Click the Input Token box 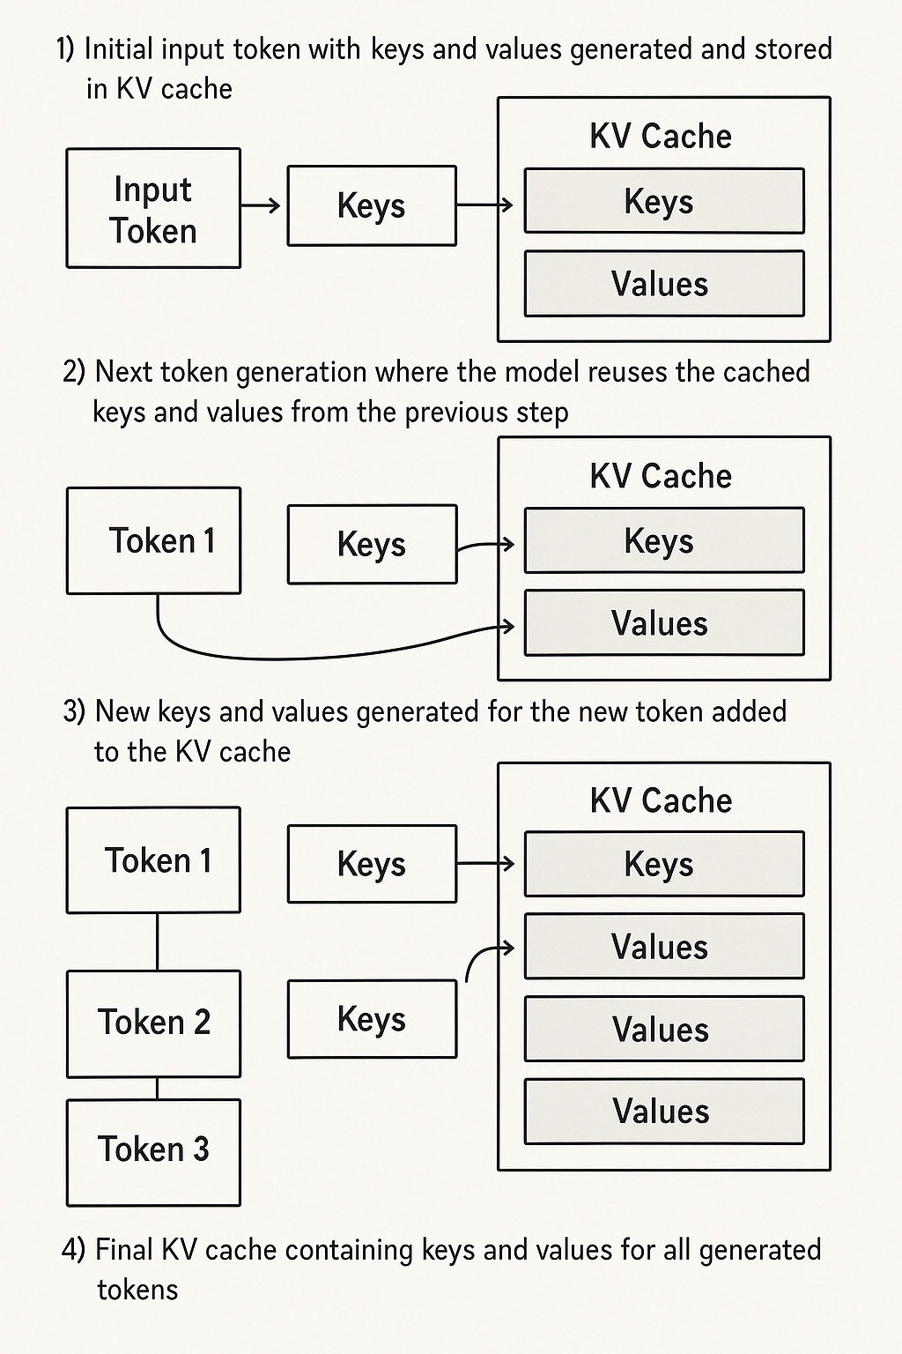153,208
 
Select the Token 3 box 153,1153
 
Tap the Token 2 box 153,1024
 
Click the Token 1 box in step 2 153,540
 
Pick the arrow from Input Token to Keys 261,205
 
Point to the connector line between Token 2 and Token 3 157,1088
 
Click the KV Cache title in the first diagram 661,136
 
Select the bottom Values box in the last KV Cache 664,1111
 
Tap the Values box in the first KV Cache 664,284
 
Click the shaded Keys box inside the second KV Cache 664,540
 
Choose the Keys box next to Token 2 372,1019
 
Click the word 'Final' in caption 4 124,1249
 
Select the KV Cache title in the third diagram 661,800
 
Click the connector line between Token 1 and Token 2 157,941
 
